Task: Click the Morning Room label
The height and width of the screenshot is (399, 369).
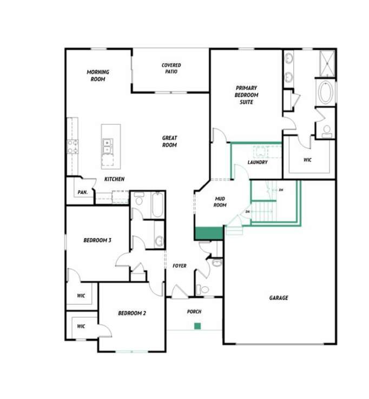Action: click(x=98, y=75)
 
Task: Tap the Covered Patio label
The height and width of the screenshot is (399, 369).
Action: click(x=172, y=68)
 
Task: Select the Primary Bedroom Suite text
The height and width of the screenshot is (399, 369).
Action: click(x=246, y=95)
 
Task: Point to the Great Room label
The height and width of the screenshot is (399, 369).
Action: click(x=169, y=141)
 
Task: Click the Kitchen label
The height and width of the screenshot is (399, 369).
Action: click(x=115, y=179)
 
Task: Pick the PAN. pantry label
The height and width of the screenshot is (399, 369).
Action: click(x=83, y=192)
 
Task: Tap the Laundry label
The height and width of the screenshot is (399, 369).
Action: click(x=258, y=162)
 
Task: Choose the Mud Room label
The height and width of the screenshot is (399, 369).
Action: click(x=220, y=202)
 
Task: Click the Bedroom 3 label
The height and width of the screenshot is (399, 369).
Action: click(x=97, y=240)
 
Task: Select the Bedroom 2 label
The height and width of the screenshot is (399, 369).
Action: click(x=132, y=313)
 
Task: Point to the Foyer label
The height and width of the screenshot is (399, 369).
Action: click(x=180, y=266)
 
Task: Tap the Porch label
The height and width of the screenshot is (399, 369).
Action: click(x=194, y=312)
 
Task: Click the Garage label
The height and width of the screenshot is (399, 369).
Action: click(x=279, y=298)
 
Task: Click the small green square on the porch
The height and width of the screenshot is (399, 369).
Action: click(x=197, y=326)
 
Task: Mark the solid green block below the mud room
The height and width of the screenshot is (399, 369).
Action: click(x=209, y=233)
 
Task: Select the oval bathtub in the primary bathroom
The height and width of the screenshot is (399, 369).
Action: click(x=326, y=93)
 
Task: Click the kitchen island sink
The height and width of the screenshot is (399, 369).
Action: click(x=108, y=144)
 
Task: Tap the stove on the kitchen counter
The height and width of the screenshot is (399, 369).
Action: click(x=72, y=145)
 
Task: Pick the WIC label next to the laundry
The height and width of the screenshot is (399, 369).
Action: click(x=307, y=160)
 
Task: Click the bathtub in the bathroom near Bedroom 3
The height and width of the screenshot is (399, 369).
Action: click(x=157, y=205)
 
